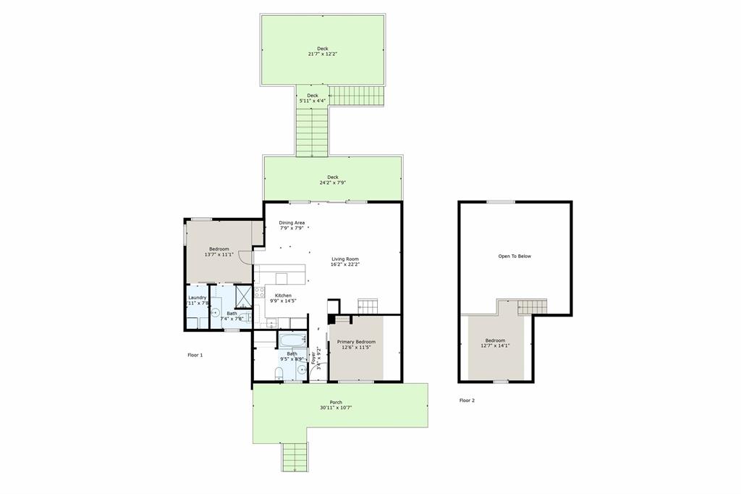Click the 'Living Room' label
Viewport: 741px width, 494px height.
click(345, 259)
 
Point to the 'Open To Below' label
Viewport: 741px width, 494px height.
click(515, 256)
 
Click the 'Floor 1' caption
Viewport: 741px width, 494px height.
click(195, 355)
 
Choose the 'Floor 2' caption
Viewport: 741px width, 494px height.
click(467, 400)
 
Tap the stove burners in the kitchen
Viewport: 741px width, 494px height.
click(259, 294)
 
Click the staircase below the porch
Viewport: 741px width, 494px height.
click(295, 456)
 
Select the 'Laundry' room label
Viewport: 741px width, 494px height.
click(198, 297)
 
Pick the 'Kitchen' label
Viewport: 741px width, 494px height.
click(283, 296)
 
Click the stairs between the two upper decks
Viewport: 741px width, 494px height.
click(312, 132)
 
